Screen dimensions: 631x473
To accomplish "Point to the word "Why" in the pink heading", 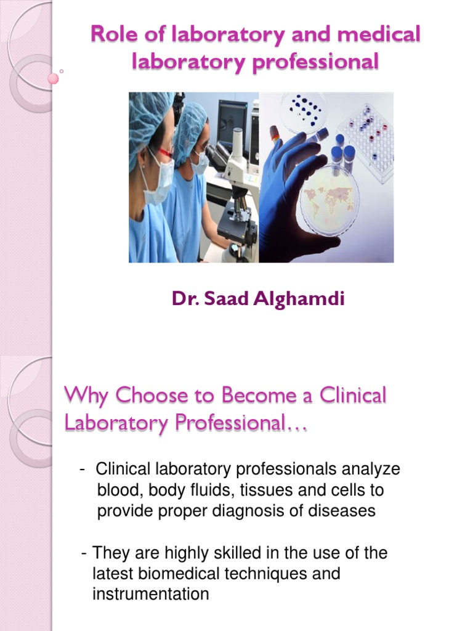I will pos(84,396).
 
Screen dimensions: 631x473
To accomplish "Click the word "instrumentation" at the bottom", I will pos(150,595).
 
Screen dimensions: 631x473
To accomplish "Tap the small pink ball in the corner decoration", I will pos(53,78).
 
